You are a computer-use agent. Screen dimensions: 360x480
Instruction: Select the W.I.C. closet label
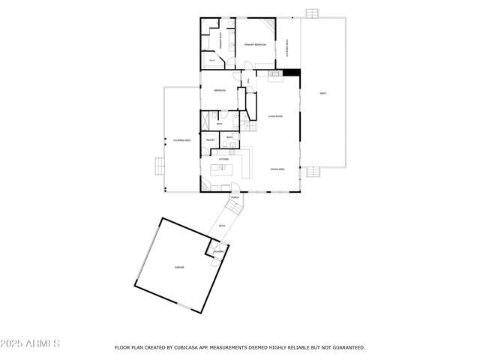coord(212,61)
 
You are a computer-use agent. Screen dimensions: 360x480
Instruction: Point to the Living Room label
coord(274,116)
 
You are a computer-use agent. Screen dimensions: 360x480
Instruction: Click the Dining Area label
coord(277,169)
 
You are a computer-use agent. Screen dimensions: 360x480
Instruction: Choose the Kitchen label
coord(223,160)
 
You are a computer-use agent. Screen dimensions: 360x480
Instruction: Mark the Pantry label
coord(210,139)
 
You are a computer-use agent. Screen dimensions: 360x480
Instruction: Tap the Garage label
coord(180,267)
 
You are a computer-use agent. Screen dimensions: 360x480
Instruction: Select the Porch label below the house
coord(235,198)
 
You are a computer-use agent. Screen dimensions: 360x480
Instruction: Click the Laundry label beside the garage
coord(217,250)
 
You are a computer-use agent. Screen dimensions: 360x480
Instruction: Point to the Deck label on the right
coord(323,93)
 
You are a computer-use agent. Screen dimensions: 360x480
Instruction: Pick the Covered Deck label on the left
coord(181,140)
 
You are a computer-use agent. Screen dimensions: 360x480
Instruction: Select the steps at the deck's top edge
coord(312,13)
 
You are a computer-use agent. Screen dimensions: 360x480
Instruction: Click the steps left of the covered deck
coord(158,166)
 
